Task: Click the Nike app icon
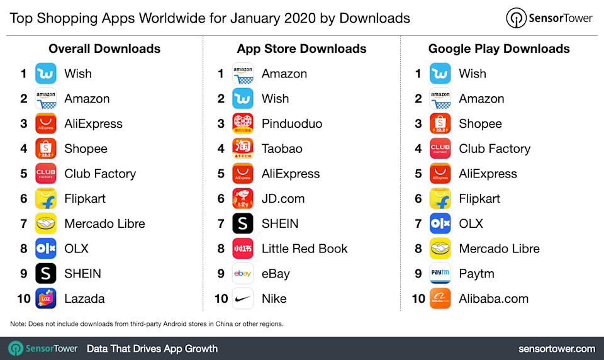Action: pos(243,298)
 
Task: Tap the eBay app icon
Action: pos(243,274)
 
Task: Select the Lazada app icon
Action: pos(46,298)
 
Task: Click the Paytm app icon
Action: pos(440,274)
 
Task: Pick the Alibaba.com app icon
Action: pos(440,298)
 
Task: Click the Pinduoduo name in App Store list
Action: pos(292,124)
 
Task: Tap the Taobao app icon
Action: pos(243,149)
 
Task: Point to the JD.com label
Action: pos(283,199)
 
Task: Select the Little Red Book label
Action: pos(305,249)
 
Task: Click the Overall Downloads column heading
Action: pos(104,48)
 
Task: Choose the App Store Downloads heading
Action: pos(302,48)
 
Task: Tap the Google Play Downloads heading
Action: pos(499,48)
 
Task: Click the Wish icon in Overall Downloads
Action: pos(46,74)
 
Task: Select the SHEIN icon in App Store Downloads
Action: pos(243,223)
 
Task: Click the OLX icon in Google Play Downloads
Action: pos(440,223)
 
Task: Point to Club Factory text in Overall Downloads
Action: pos(100,174)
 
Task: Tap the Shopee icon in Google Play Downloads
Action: pos(440,124)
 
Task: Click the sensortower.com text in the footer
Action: pos(557,349)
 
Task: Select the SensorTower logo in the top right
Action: pos(549,18)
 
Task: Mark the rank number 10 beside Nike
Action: pos(221,299)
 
